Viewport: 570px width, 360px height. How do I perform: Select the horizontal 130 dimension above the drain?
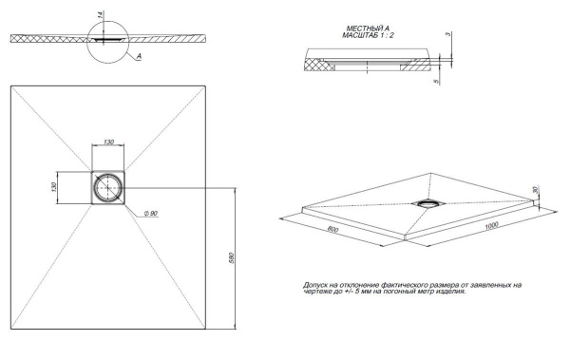tap(109, 142)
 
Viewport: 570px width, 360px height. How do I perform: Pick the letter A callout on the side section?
tap(139, 57)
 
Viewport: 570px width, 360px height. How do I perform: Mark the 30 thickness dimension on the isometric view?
tap(538, 190)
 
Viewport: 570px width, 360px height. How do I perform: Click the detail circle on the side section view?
tap(107, 38)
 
